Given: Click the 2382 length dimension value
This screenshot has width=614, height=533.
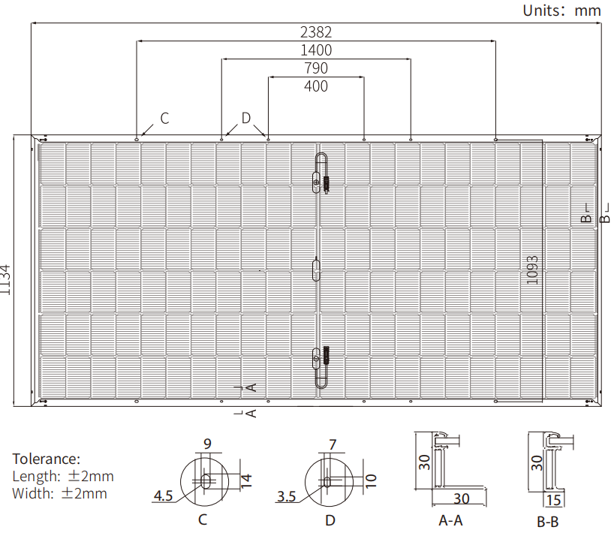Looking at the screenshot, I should click(x=315, y=32).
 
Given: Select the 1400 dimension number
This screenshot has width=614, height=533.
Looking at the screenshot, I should click(x=315, y=50).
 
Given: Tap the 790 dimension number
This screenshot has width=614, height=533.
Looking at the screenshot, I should click(x=315, y=68).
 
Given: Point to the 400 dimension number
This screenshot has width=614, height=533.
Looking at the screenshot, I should click(x=316, y=86).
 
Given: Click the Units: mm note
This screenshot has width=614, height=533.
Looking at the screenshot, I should click(x=562, y=11).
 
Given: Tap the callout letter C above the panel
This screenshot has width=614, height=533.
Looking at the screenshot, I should click(x=164, y=118).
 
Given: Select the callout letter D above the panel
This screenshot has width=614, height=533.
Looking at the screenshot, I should click(x=246, y=118).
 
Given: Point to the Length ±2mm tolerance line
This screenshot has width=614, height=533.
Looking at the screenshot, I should click(x=63, y=476).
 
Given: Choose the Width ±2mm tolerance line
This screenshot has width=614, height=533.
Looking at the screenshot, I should click(x=59, y=493).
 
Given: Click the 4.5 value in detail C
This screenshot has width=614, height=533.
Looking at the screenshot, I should click(x=164, y=496).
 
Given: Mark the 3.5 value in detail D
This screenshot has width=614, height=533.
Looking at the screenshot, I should click(x=287, y=496).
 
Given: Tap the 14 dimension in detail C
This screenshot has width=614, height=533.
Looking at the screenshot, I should click(x=248, y=481).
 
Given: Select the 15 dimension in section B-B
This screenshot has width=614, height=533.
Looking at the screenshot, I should click(x=555, y=501).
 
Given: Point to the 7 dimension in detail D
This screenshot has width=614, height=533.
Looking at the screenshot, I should click(x=333, y=444).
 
